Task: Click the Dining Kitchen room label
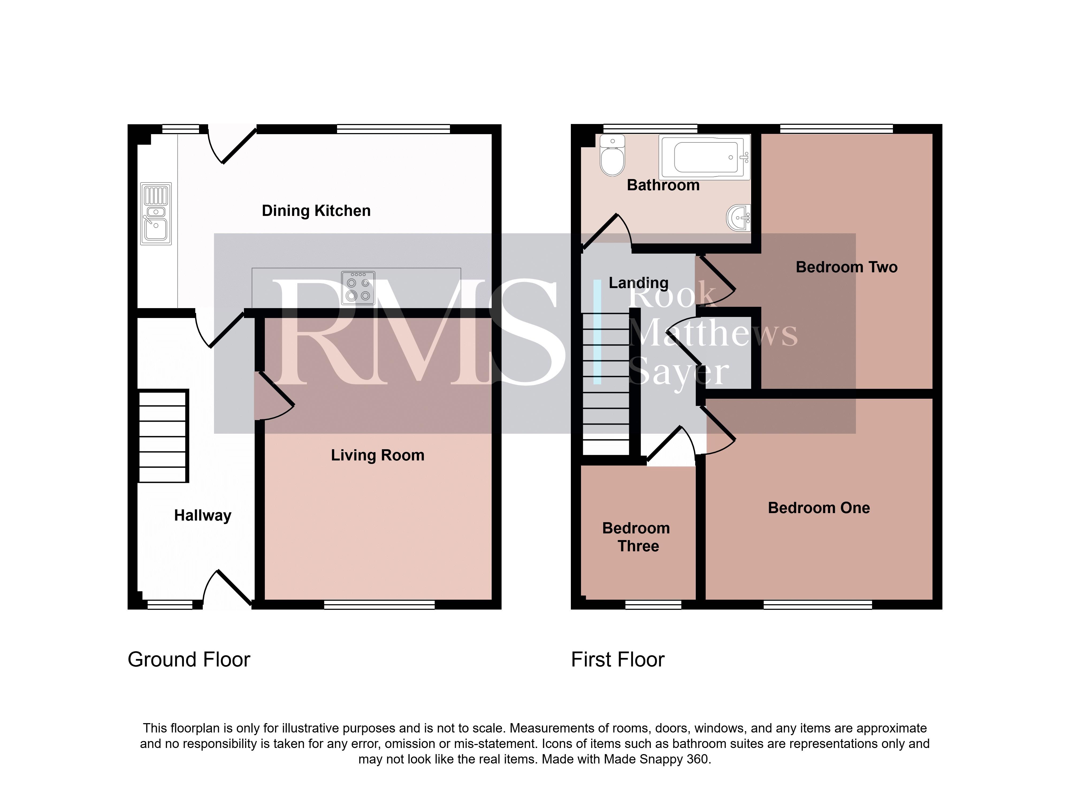pos(316,211)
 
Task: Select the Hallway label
pos(203,515)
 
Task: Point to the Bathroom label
pos(663,185)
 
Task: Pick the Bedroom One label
pos(819,508)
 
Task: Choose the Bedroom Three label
pos(637,537)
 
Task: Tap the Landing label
pos(639,283)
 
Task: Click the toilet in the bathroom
pos(612,155)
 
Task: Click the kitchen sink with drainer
pos(156,214)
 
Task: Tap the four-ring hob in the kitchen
pos(358,288)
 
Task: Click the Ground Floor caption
pos(189,660)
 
